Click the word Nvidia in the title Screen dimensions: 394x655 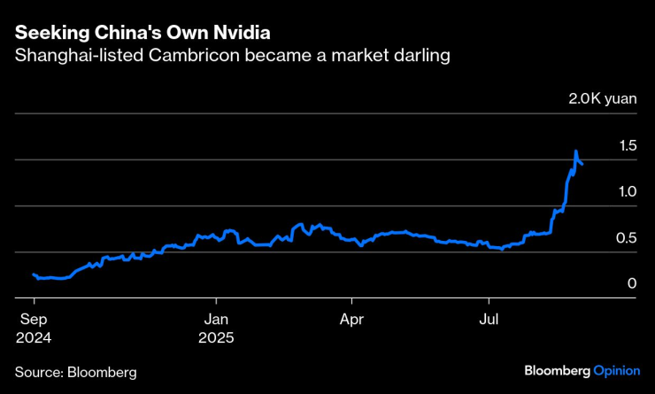pyautogui.click(x=239, y=33)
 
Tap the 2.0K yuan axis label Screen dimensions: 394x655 pyautogui.click(x=602, y=99)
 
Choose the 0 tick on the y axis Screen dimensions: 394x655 pyautogui.click(x=632, y=283)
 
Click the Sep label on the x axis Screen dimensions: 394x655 pyautogui.click(x=33, y=320)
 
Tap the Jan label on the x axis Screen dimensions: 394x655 pyautogui.click(x=216, y=320)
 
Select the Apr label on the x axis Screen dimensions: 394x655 pyautogui.click(x=352, y=320)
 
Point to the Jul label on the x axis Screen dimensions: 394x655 pyautogui.click(x=488, y=320)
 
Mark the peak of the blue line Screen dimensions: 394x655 pyautogui.click(x=576, y=151)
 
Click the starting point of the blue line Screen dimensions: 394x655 pyautogui.click(x=33, y=274)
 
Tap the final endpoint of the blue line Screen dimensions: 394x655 pyautogui.click(x=582, y=164)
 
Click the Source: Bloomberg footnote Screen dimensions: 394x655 pyautogui.click(x=76, y=372)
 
